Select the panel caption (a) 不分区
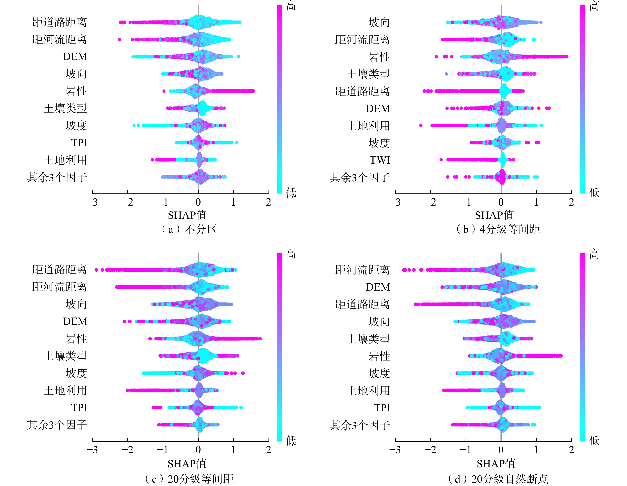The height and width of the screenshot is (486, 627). click(189, 229)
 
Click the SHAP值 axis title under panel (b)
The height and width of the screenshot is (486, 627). click(494, 215)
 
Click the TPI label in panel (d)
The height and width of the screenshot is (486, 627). click(382, 408)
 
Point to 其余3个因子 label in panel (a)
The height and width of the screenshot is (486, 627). click(57, 177)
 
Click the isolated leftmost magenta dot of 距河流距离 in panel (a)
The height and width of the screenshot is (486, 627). click(119, 40)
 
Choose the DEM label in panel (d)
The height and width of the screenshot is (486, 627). click(378, 287)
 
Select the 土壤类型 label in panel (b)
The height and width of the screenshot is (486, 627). click(368, 74)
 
